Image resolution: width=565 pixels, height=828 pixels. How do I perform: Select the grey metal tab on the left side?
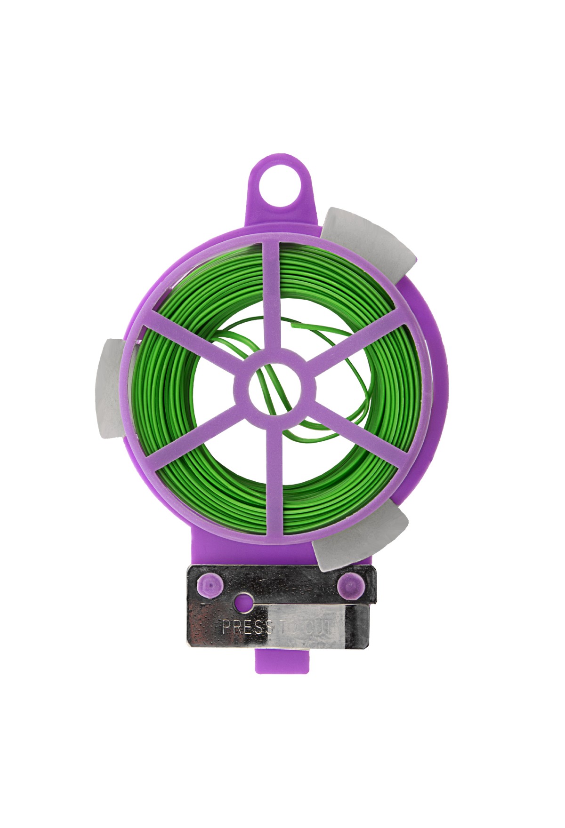click(111, 389)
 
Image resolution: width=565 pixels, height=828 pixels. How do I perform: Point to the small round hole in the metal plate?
click(244, 603)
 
